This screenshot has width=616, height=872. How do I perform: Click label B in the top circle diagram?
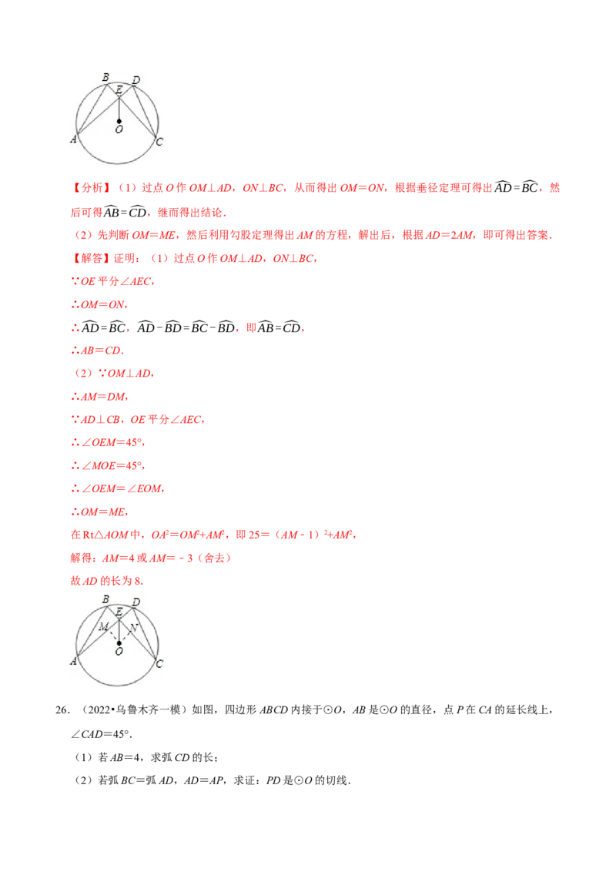[x=105, y=77]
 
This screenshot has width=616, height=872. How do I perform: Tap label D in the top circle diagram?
[x=136, y=80]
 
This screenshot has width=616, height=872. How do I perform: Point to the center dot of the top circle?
[x=119, y=121]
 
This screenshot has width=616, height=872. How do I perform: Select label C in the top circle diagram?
[x=159, y=141]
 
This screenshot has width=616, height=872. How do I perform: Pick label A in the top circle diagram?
[x=73, y=139]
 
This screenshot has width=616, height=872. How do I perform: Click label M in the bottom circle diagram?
[x=103, y=627]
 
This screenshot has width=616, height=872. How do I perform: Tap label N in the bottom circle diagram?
[x=133, y=628]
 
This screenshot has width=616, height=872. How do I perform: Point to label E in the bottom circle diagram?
[x=119, y=612]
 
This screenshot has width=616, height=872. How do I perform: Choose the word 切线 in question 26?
[x=336, y=780]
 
